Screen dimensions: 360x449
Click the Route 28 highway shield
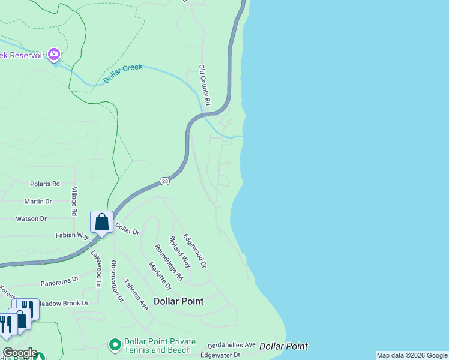coord(165,181)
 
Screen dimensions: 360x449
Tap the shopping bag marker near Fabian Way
coord(102,222)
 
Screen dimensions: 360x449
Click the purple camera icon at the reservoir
coord(54,55)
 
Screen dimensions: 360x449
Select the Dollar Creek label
coord(123,72)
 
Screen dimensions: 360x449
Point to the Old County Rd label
coord(205,86)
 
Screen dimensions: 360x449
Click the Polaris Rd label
coord(45,184)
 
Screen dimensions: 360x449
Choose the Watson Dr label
coord(31,219)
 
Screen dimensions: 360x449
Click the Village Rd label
coord(74,201)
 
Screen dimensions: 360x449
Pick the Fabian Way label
coord(73,236)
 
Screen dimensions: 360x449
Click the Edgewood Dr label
coord(194,250)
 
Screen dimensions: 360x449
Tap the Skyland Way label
coord(179,251)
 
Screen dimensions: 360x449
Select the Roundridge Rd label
coord(168,262)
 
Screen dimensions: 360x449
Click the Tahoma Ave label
coord(136,295)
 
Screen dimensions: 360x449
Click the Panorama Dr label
coord(59,280)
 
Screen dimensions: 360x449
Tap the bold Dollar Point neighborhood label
coord(178,301)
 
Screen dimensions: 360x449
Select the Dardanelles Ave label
coord(232,346)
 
